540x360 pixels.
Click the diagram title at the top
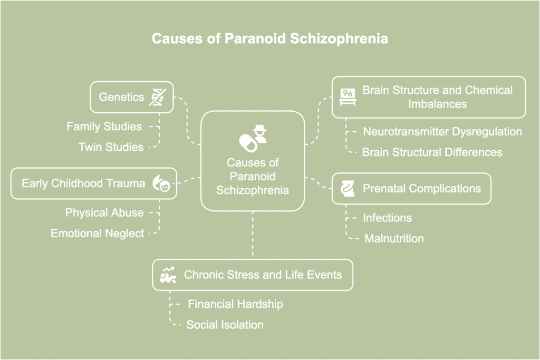click(269, 39)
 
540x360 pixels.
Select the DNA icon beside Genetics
click(158, 97)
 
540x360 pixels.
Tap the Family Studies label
click(104, 127)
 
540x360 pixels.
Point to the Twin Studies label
click(111, 147)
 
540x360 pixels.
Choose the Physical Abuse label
click(104, 212)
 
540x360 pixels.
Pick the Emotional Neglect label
click(97, 233)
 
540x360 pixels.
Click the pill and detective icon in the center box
click(253, 137)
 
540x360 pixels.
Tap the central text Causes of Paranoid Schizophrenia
click(253, 176)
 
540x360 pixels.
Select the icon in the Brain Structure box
click(348, 96)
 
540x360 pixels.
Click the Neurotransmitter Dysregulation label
click(442, 131)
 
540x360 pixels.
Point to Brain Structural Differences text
click(432, 152)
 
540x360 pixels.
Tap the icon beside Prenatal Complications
click(347, 188)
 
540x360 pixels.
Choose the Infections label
click(387, 218)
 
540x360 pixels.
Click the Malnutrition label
click(394, 238)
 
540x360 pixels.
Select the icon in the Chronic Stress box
click(168, 275)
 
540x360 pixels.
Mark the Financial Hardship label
click(235, 304)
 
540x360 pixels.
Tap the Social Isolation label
click(225, 325)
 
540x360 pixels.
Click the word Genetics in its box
click(121, 97)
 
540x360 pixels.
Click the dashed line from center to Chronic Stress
click(253, 235)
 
